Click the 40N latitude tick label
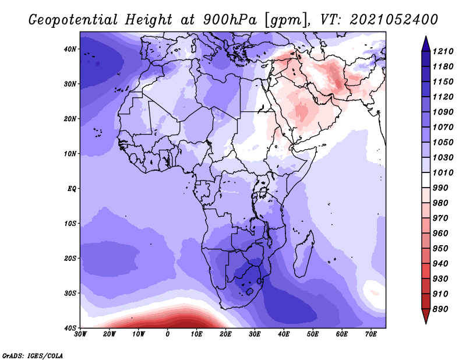[69, 49]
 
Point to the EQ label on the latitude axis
[72, 189]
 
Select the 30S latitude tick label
[70, 294]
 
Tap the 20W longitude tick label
[109, 334]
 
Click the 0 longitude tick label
[168, 334]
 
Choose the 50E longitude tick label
[313, 334]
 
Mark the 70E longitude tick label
[371, 334]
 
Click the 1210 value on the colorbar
[443, 51]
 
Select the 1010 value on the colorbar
[443, 172]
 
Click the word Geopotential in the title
[73, 20]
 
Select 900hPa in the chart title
[230, 20]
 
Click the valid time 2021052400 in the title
[394, 20]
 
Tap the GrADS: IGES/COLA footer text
[33, 356]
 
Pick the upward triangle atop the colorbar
[426, 44]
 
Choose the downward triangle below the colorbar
[426, 316]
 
